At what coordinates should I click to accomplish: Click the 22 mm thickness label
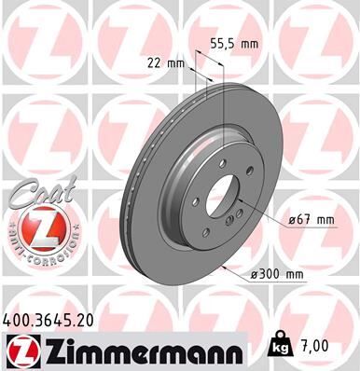click(x=167, y=62)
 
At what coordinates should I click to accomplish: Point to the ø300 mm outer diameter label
click(x=277, y=275)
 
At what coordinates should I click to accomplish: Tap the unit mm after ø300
click(x=296, y=275)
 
